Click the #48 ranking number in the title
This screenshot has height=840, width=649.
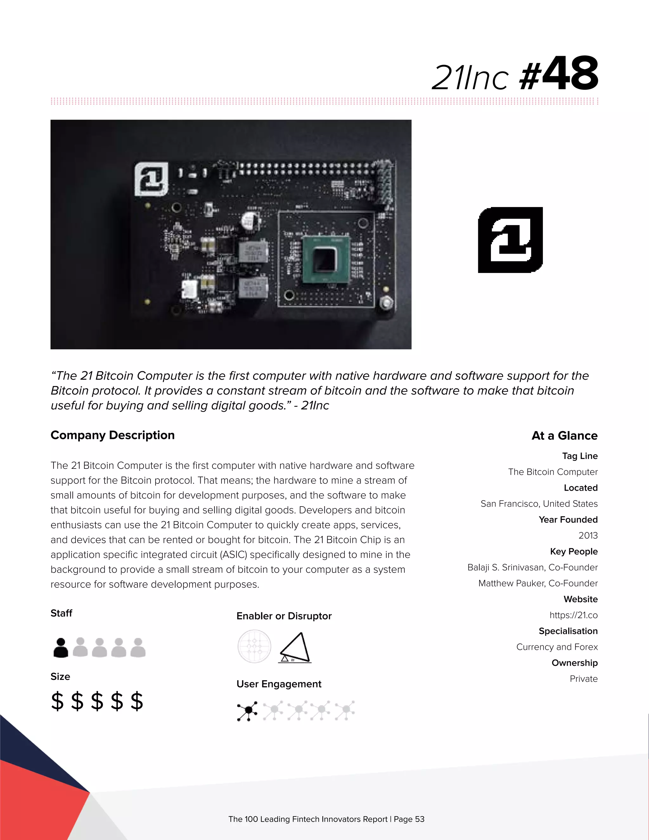coord(559,74)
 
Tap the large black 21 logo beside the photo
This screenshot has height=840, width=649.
coord(510,240)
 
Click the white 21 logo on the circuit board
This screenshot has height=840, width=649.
coord(151,179)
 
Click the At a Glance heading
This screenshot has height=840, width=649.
coord(564,436)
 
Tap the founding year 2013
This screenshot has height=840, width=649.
coord(588,535)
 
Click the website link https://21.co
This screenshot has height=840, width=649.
coord(573,615)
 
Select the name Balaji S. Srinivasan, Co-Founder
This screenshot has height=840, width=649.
coord(532,567)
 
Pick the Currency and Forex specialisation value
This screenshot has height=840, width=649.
coord(557,647)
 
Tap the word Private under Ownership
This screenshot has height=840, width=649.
coord(583,679)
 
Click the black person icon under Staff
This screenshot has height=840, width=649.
coord(61,648)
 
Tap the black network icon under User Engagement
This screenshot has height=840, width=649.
coord(247,711)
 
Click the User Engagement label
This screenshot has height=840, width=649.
coord(279,684)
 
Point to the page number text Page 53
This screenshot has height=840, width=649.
coord(409,819)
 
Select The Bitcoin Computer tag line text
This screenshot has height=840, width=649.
coord(552,472)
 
